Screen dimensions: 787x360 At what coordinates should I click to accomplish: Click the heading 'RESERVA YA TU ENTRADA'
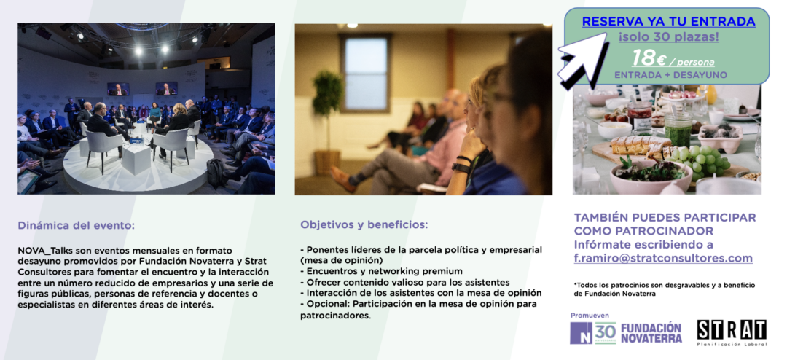point(668,22)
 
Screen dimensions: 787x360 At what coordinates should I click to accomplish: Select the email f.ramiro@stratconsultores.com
point(663,259)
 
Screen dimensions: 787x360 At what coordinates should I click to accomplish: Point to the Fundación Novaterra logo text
point(651,333)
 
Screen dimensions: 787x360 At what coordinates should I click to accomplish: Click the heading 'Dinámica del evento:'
point(77,225)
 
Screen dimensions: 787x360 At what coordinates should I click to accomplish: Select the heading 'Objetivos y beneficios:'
point(364,224)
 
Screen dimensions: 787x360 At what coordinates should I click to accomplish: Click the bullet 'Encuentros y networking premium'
point(381,271)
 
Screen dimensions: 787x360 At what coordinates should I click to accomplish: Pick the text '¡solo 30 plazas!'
point(668,36)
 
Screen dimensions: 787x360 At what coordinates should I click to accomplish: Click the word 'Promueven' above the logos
point(590,316)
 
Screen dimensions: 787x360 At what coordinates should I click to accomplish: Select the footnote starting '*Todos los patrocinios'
point(665,289)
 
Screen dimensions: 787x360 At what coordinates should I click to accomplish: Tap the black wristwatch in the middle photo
point(461,168)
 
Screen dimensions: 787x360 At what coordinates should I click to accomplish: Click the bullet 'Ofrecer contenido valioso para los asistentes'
point(405,282)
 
